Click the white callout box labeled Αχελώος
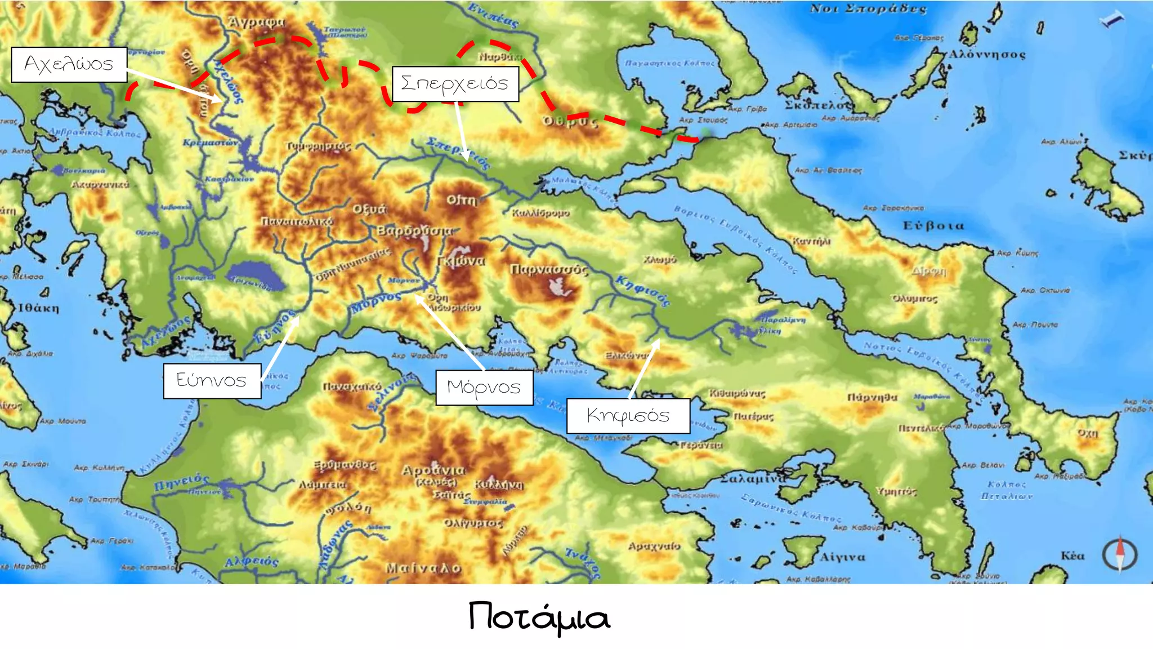[x=69, y=65]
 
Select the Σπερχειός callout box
[x=455, y=84]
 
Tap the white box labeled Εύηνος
[x=212, y=381]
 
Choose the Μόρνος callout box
[x=484, y=388]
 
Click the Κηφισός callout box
[x=628, y=416]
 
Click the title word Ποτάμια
[x=539, y=617]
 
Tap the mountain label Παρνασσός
[x=548, y=270]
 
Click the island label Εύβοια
[x=933, y=226]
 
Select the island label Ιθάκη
[x=38, y=308]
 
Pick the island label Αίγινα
[x=842, y=557]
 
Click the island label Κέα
[x=1072, y=556]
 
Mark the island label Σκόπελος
[x=819, y=105]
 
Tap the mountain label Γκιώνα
[x=461, y=261]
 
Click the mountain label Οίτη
[x=461, y=200]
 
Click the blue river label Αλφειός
[x=251, y=562]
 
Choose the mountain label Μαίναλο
[x=423, y=568]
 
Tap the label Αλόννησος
[x=987, y=55]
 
